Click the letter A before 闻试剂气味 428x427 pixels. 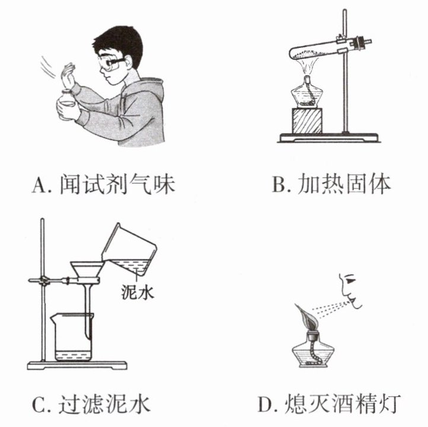click(x=39, y=185)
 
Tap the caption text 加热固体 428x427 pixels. click(x=344, y=185)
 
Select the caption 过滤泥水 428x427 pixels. click(x=104, y=403)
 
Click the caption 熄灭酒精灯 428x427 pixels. click(x=342, y=403)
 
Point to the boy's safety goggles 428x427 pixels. click(x=110, y=63)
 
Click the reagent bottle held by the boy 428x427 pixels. click(x=67, y=105)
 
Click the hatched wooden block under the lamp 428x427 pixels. click(x=307, y=121)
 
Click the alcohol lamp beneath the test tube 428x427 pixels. click(x=307, y=93)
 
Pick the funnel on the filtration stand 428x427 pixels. click(x=87, y=284)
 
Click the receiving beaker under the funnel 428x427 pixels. click(x=72, y=337)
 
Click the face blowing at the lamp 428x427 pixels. click(x=350, y=291)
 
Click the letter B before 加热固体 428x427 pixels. click(x=279, y=185)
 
